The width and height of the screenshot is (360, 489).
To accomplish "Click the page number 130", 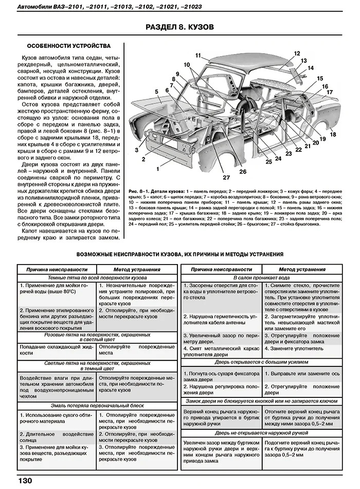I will pyautogui.click(x=25, y=480).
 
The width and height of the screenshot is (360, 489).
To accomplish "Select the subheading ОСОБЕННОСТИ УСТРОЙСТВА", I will pyautogui.click(x=68, y=45).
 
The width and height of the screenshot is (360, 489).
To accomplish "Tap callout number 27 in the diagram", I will pyautogui.click(x=226, y=178).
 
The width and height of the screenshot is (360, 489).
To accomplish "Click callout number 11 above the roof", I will pyautogui.click(x=199, y=55).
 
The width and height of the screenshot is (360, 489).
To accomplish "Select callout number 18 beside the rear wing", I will pyautogui.click(x=333, y=134).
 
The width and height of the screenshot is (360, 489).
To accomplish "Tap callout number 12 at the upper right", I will pyautogui.click(x=297, y=53).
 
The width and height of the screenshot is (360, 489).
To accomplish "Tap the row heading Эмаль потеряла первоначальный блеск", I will pyautogui.click(x=96, y=405).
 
